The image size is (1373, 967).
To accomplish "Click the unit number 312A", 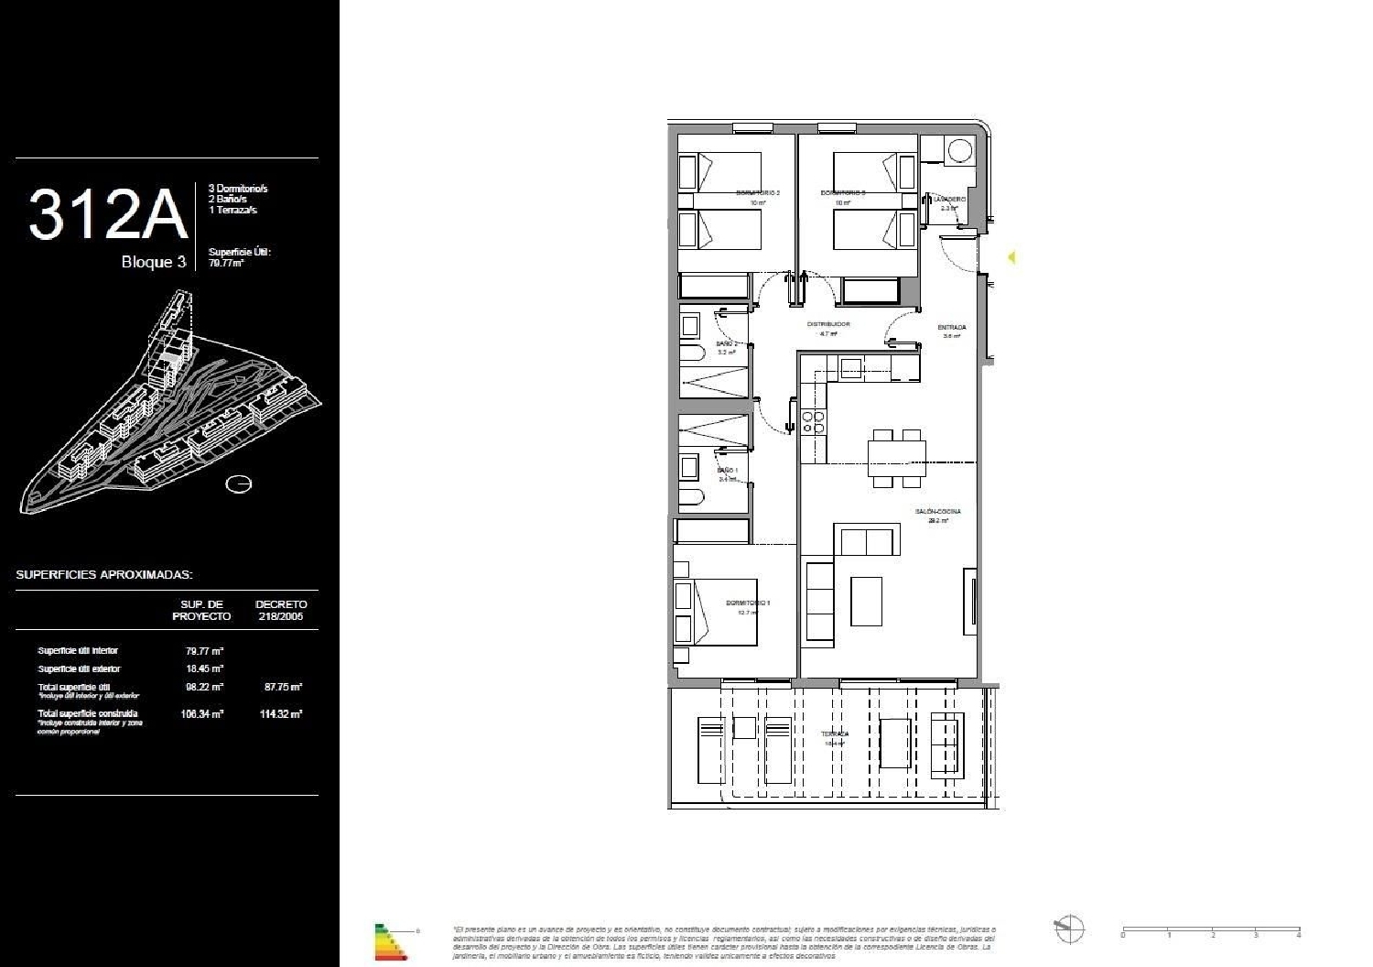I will point(107,215).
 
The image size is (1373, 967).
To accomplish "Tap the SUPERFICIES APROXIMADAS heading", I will point(104,575).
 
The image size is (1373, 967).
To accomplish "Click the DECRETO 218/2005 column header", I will point(281,610).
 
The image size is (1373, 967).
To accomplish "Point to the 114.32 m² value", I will point(283,713).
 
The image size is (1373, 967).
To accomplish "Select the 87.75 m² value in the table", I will point(283,686).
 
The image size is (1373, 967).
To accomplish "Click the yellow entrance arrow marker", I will point(1011,258).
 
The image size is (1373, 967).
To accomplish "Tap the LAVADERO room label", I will point(948,199).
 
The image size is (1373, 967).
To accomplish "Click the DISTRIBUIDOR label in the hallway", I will point(828,324).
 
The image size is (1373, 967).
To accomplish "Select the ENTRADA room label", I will point(952,327).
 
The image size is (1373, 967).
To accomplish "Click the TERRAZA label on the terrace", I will point(834,733).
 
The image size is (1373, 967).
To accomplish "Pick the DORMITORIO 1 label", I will point(749,603).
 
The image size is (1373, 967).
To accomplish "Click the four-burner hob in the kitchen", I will point(813,422).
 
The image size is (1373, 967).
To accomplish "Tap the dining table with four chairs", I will point(897,457).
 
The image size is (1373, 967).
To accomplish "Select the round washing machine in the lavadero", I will point(960,150).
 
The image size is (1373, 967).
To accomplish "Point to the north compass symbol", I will point(1069,929).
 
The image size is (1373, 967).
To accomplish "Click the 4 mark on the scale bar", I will point(1298,934).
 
